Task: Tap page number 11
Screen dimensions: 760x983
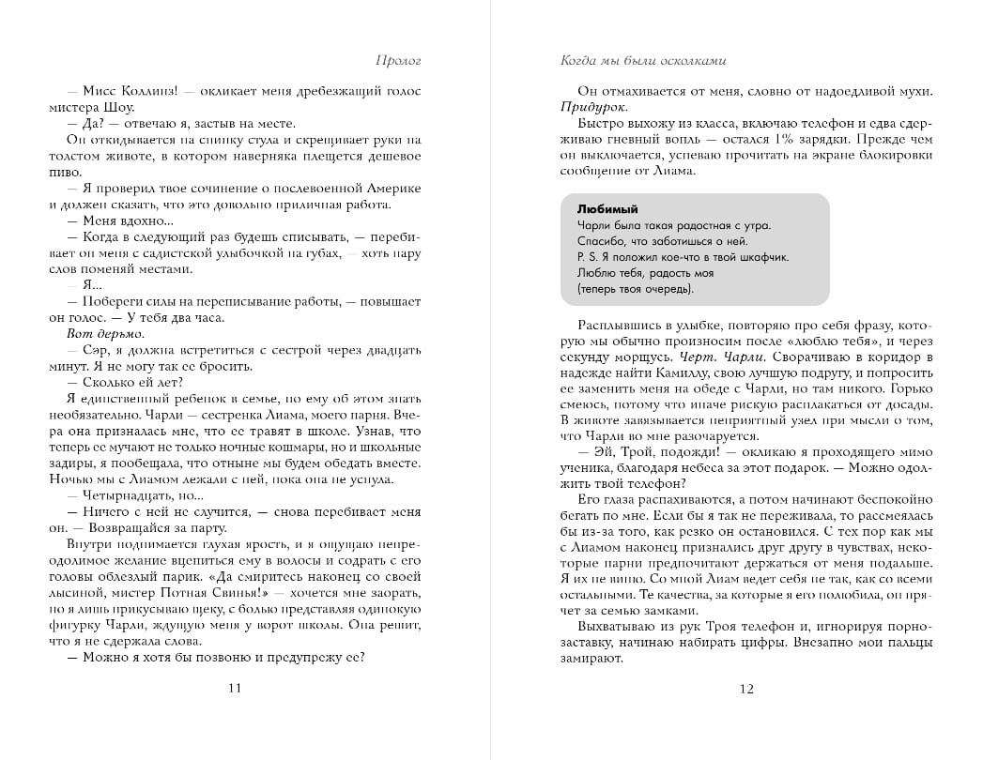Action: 235,689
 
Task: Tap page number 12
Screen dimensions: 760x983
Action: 746,689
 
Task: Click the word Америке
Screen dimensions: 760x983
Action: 392,189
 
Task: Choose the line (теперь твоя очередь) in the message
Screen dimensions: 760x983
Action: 628,288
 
